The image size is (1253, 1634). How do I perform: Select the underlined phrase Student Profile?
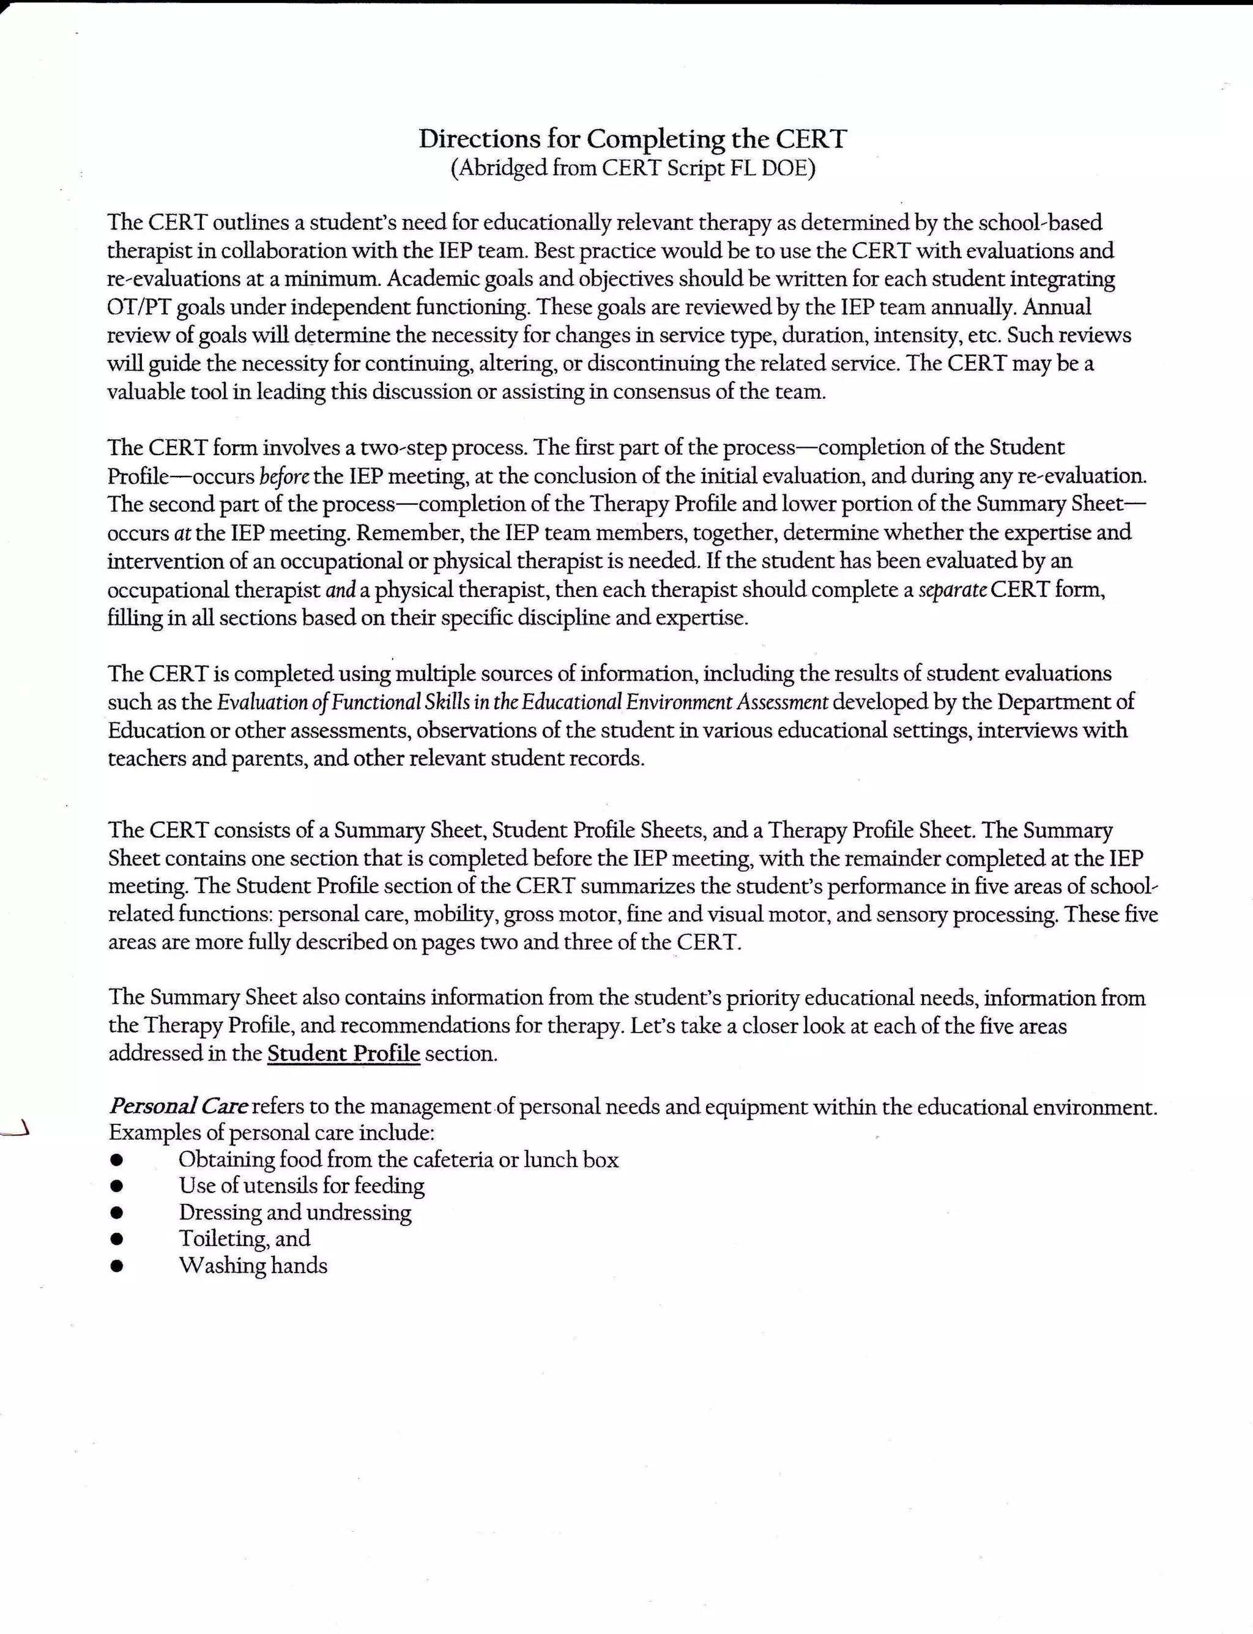343,1054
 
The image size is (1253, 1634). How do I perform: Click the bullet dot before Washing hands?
116,1266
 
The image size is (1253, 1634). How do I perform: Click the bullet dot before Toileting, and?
116,1239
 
